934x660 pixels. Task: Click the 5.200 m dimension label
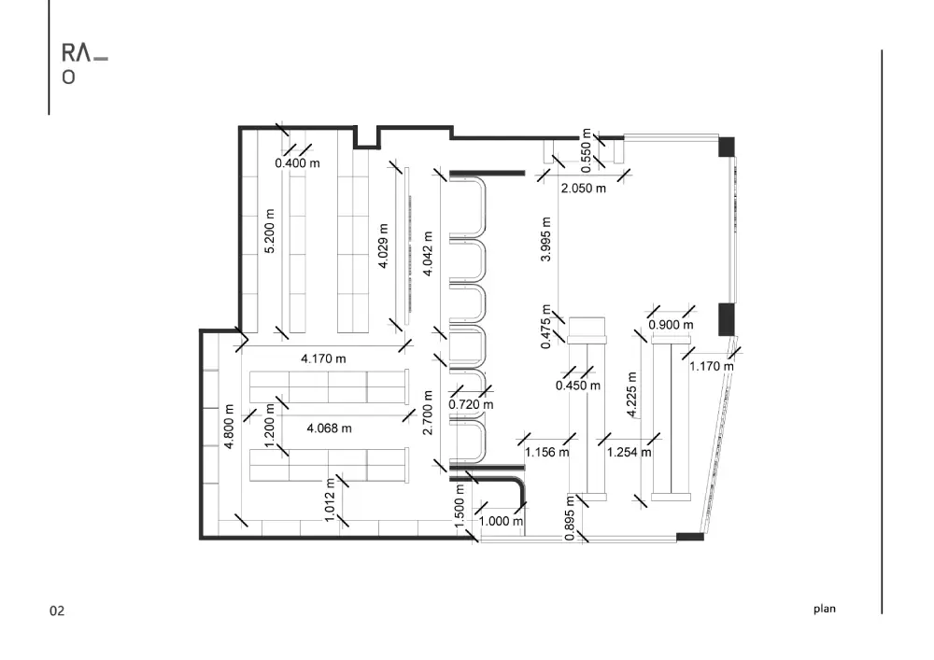click(270, 231)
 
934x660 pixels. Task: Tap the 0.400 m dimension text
click(297, 163)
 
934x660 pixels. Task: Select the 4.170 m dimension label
click(323, 358)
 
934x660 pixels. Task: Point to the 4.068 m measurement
click(330, 428)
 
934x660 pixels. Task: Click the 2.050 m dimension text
click(584, 189)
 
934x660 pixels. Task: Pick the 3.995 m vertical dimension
click(545, 239)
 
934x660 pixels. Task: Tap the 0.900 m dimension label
click(672, 325)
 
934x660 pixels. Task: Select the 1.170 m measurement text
click(712, 367)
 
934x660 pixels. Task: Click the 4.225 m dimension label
click(632, 395)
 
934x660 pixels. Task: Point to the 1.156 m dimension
click(546, 453)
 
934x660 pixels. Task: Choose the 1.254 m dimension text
click(629, 453)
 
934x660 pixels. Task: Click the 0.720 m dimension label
click(471, 405)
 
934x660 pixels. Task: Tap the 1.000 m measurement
click(502, 521)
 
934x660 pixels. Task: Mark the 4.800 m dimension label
click(229, 427)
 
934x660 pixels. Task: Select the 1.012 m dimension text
click(330, 500)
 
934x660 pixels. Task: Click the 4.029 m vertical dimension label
click(384, 246)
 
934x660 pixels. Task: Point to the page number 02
click(57, 611)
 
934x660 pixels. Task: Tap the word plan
click(825, 609)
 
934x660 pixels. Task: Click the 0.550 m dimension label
click(587, 150)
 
